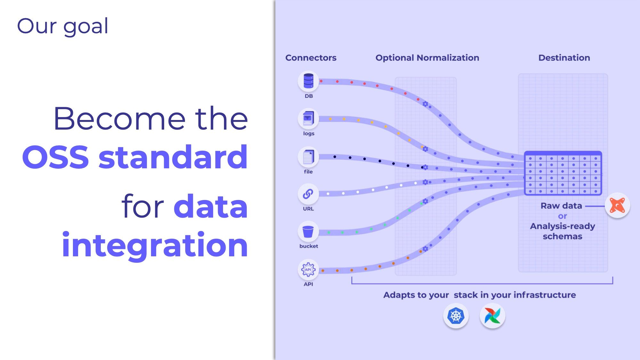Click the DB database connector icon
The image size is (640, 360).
(308, 81)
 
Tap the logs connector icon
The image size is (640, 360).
(308, 119)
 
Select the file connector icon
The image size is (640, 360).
(308, 157)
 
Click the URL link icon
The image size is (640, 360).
(308, 194)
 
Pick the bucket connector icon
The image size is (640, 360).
(308, 231)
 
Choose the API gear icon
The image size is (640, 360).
(308, 269)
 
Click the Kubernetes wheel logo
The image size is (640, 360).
(456, 316)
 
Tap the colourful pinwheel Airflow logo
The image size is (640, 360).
(492, 316)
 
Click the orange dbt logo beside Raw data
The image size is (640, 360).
(617, 205)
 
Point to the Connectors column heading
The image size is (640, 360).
(311, 58)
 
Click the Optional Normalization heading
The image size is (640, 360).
(427, 58)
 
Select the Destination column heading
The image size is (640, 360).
(564, 58)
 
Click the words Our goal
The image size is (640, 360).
(63, 26)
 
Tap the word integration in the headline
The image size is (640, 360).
(155, 245)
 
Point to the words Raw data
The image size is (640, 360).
(561, 206)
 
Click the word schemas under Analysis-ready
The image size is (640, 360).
(562, 236)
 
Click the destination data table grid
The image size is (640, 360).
(563, 173)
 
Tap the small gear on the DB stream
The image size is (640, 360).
(425, 104)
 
